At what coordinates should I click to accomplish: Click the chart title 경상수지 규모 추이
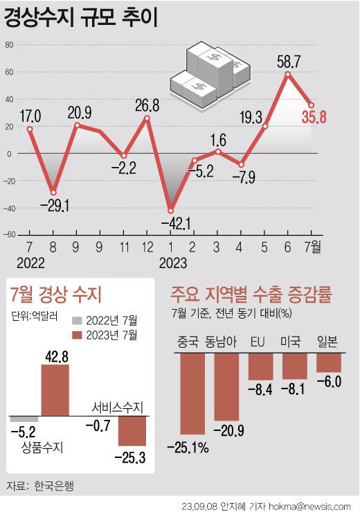click(82, 19)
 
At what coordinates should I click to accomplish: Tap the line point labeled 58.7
click(287, 74)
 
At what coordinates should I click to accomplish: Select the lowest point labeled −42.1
click(170, 211)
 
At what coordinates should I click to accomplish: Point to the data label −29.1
click(54, 206)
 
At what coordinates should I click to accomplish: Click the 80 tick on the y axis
click(10, 45)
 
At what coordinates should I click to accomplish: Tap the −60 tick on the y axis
click(8, 234)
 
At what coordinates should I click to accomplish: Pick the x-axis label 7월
click(312, 246)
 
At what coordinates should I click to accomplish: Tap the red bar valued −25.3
click(132, 431)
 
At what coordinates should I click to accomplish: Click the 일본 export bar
click(329, 362)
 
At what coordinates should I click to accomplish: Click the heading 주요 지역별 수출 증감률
click(253, 295)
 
